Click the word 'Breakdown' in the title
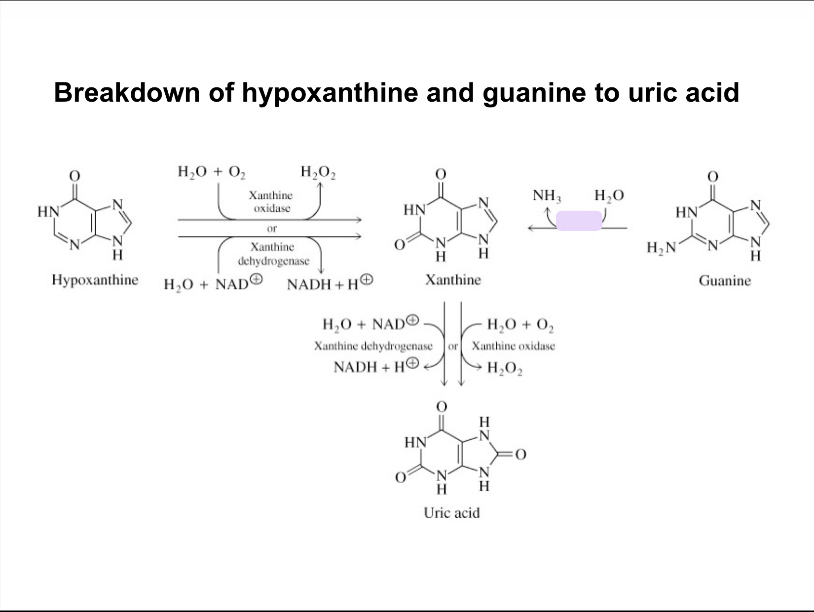pos(127,92)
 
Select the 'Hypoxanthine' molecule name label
pos(95,280)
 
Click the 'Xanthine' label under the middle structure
pos(453,280)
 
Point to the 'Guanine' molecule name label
pos(725,281)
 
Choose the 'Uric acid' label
pos(452,513)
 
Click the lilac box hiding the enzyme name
pos(579,221)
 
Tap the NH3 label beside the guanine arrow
pos(547,195)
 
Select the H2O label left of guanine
pos(609,195)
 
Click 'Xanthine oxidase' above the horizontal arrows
pos(271,201)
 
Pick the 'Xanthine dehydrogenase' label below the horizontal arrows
pos(273,254)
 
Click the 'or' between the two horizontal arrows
pos(272,229)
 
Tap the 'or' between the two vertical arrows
pos(453,346)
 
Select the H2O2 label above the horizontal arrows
pos(318,172)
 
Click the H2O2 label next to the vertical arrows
pos(505,368)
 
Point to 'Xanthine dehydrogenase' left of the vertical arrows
pos(373,346)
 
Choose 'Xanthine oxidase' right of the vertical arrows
pos(513,346)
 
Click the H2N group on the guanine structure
pos(662,247)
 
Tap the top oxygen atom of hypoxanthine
pos(74,176)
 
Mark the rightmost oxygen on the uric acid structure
pos(520,455)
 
